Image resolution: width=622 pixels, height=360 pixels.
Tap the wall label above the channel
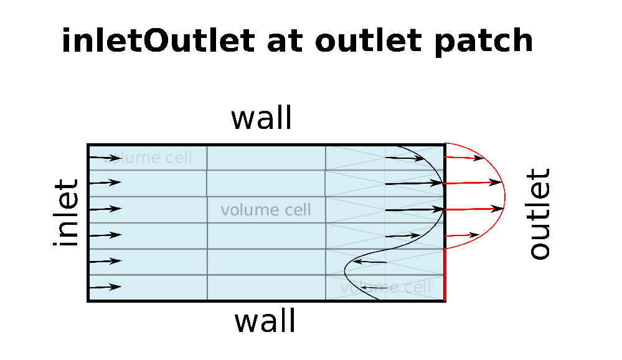click(x=261, y=118)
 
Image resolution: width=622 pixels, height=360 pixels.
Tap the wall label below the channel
click(x=265, y=321)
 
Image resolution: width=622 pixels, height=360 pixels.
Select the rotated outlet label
click(x=539, y=213)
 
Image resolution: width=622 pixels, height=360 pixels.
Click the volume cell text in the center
click(x=266, y=210)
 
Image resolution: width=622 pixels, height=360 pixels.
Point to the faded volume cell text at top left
click(x=149, y=158)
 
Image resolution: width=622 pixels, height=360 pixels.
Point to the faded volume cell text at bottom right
click(x=386, y=287)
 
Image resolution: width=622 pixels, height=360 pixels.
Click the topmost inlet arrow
click(x=105, y=158)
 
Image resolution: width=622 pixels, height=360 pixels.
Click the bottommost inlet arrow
click(x=105, y=287)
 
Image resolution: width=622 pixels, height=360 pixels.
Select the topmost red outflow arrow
click(x=465, y=158)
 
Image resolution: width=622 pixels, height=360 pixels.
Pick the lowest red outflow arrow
click(x=463, y=235)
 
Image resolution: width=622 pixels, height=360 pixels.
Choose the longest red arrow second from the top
click(x=473, y=182)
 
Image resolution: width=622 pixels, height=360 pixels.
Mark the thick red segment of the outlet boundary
click(x=445, y=275)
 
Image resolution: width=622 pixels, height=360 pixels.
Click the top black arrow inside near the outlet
click(x=405, y=158)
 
